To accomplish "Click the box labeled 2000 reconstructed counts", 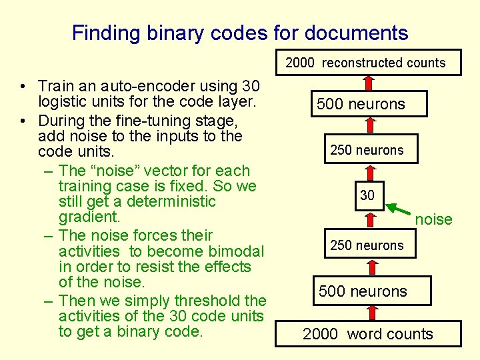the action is pos(365,63).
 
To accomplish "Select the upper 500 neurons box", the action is pos(361,104).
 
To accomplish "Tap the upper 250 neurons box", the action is pos(367,150).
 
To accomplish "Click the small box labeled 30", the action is pos(367,195).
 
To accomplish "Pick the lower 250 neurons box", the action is pos(367,245).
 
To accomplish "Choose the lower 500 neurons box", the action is pos(363,291).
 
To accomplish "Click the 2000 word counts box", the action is pos(367,334).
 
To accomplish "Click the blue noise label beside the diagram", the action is pos(433,219).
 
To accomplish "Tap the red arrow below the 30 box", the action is pos(367,221).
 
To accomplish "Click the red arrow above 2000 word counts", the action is pos(367,311).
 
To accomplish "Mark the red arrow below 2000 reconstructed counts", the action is pos(367,81).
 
